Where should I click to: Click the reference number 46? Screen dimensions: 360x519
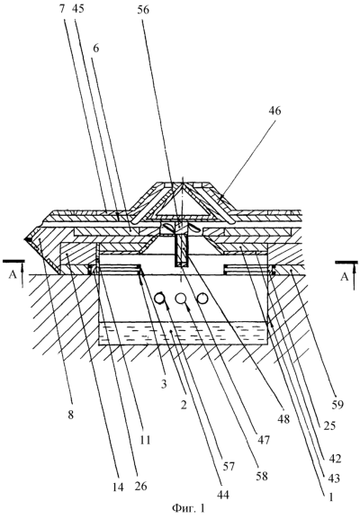[x=274, y=111]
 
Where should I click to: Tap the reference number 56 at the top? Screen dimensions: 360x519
[x=143, y=10]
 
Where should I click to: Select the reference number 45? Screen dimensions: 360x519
[x=78, y=9]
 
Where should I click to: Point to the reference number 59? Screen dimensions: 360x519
[x=337, y=405]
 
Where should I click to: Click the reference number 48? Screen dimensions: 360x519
[x=283, y=419]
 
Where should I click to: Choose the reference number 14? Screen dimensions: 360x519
[x=117, y=487]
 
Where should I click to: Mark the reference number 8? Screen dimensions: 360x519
[x=71, y=414]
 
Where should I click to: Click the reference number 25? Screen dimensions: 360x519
[x=328, y=425]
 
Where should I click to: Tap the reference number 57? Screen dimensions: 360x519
[x=229, y=466]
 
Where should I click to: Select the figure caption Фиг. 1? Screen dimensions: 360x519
[x=189, y=507]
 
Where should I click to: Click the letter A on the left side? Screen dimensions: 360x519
[x=13, y=275]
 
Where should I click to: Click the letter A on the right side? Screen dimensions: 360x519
[x=345, y=276]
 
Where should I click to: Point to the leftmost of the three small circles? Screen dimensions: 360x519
[x=160, y=299]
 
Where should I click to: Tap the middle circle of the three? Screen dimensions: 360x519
[x=181, y=299]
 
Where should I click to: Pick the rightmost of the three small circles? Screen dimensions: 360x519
[x=202, y=299]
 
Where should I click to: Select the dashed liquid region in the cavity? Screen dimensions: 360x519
[x=183, y=334]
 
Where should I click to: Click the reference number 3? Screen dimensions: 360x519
[x=163, y=384]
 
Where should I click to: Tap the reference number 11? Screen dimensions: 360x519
[x=144, y=440]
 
